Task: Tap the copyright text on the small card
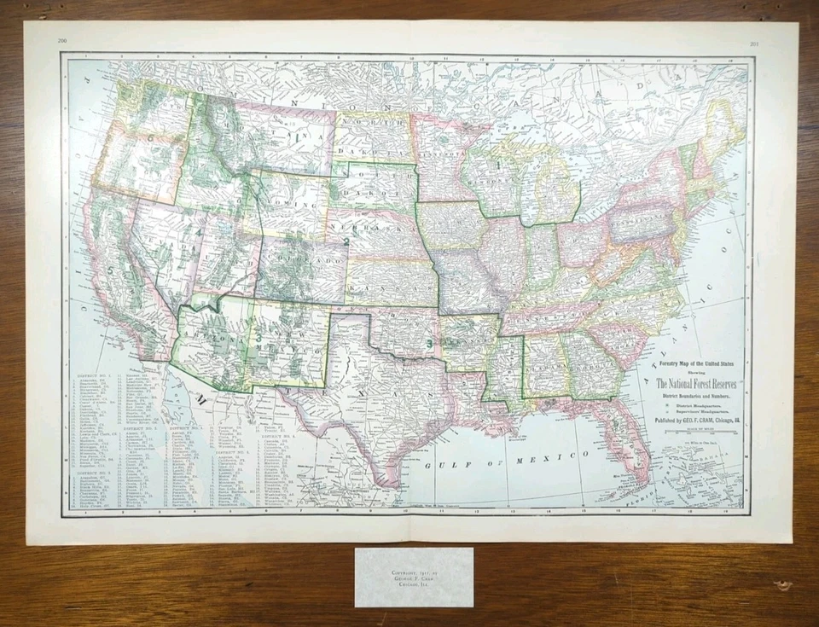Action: point(413,577)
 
